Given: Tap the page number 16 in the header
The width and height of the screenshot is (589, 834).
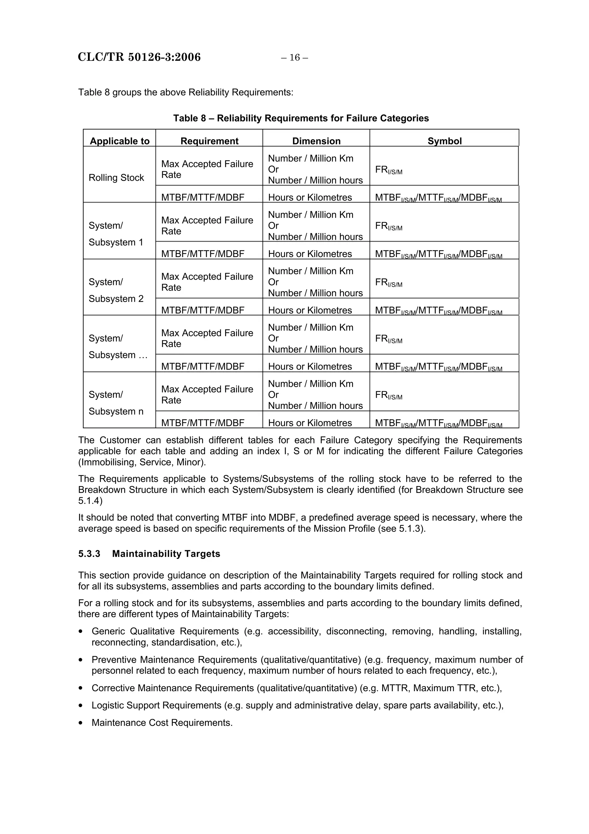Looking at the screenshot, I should (x=294, y=57).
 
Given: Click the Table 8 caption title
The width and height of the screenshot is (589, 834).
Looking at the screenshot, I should (x=301, y=118).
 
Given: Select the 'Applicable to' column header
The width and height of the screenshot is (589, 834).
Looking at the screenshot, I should (x=119, y=141).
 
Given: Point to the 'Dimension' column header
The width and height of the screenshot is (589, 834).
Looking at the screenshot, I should (x=316, y=141).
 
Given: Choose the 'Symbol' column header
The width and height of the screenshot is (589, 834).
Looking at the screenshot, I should (x=444, y=141).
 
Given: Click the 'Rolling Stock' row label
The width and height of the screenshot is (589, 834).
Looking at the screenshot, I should (x=116, y=178).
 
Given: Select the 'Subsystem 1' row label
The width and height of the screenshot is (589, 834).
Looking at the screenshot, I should (x=116, y=242).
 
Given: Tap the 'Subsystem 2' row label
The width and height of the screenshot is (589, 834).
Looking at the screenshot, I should (x=116, y=299).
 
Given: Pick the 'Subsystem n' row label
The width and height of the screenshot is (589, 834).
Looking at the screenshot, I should (x=116, y=411).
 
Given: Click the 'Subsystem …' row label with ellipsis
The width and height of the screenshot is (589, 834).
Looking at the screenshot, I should (x=118, y=355).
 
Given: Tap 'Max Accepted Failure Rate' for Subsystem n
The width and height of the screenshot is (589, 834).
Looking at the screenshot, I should (x=207, y=395).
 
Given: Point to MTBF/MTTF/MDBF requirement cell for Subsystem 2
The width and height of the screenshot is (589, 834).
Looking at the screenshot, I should (x=202, y=310).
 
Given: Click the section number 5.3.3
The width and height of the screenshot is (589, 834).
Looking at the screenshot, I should (x=89, y=554).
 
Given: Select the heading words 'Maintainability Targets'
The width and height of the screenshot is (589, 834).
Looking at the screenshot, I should (x=166, y=554).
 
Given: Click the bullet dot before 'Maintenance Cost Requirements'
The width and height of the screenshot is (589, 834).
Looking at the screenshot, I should (x=81, y=723).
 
